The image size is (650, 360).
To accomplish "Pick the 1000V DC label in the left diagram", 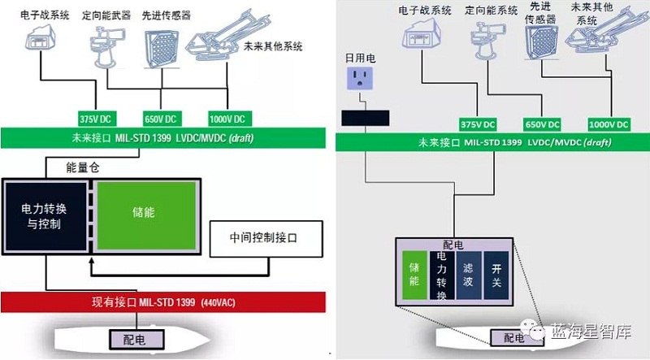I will pos(227,117).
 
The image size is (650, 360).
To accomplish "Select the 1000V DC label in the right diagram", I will pos(609,124).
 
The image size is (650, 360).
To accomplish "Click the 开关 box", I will pos(496,275).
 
